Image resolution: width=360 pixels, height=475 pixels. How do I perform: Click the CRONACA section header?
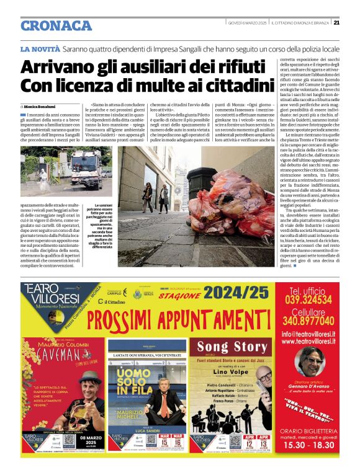pos(56,26)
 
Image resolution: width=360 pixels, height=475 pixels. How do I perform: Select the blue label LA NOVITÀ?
pos(40,48)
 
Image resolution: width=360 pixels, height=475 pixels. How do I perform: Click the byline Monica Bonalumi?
pos(40,107)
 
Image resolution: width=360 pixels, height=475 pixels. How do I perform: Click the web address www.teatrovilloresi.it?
pos(313,341)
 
